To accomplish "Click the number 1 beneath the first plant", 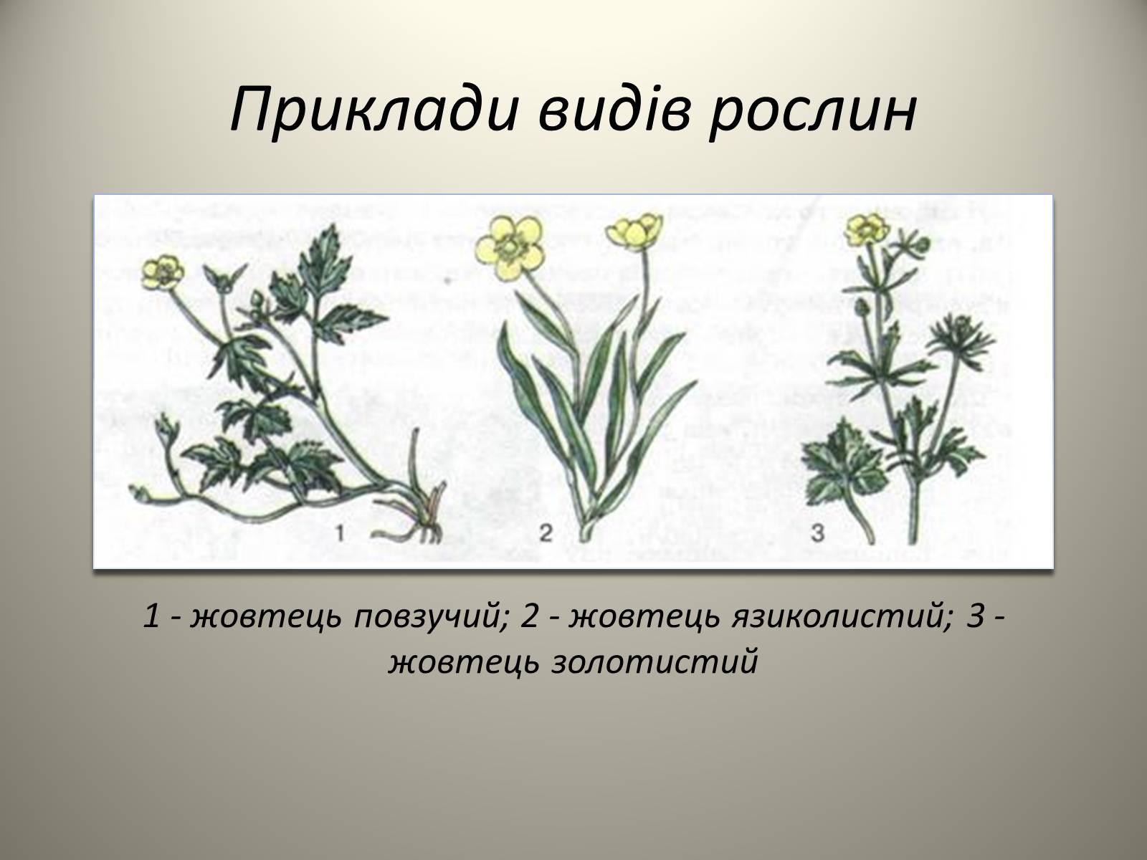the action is [x=341, y=533].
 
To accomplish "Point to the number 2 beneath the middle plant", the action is [x=546, y=533].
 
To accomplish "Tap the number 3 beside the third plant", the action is [x=818, y=533].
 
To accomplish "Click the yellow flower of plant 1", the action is [x=163, y=272].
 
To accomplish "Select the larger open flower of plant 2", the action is [x=508, y=247].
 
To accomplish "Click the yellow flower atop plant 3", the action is [x=867, y=229].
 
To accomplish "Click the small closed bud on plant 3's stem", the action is [x=861, y=308].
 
